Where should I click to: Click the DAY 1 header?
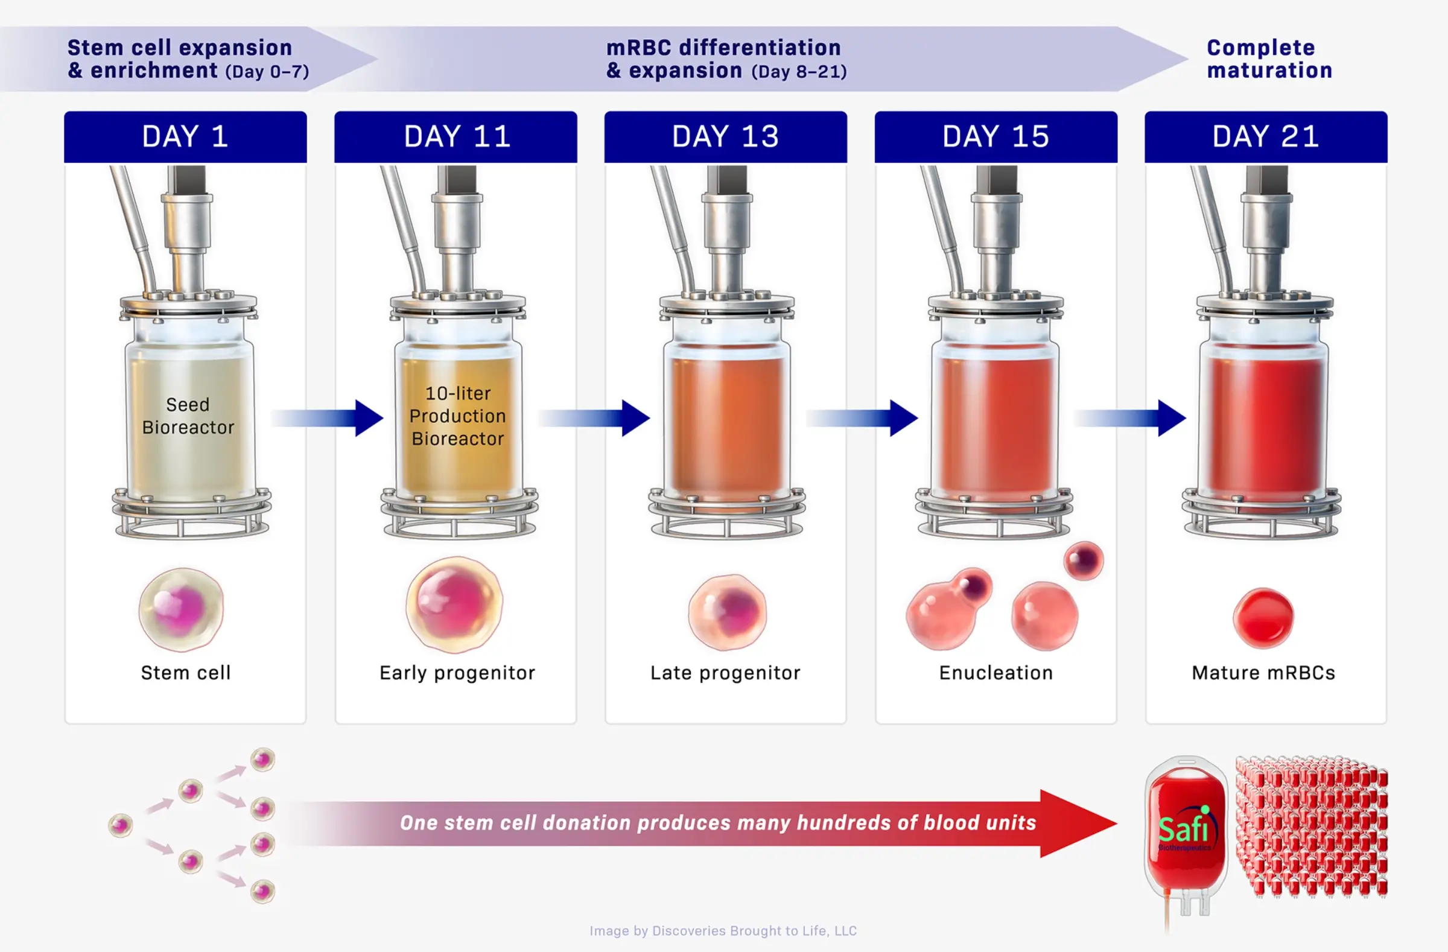coord(185,137)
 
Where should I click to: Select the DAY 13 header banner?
coord(725,137)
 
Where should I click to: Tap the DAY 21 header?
coord(1265,137)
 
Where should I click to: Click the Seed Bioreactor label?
coord(188,416)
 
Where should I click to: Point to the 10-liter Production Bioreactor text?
coord(457,416)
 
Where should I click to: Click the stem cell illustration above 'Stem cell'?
coord(182,609)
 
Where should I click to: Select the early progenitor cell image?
coord(454,605)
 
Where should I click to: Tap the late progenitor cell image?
coord(728,611)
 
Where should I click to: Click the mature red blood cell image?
coord(1263,617)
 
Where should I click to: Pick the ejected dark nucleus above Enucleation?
coord(1084,560)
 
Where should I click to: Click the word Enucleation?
coord(996,673)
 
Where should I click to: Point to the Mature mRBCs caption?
coord(1263,673)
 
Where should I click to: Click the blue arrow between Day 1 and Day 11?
coord(329,418)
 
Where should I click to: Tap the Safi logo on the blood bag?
coord(1183,828)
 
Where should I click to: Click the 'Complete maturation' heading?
coord(1269,59)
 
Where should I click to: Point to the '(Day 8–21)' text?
coord(799,72)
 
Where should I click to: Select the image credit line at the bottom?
coord(723,931)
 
